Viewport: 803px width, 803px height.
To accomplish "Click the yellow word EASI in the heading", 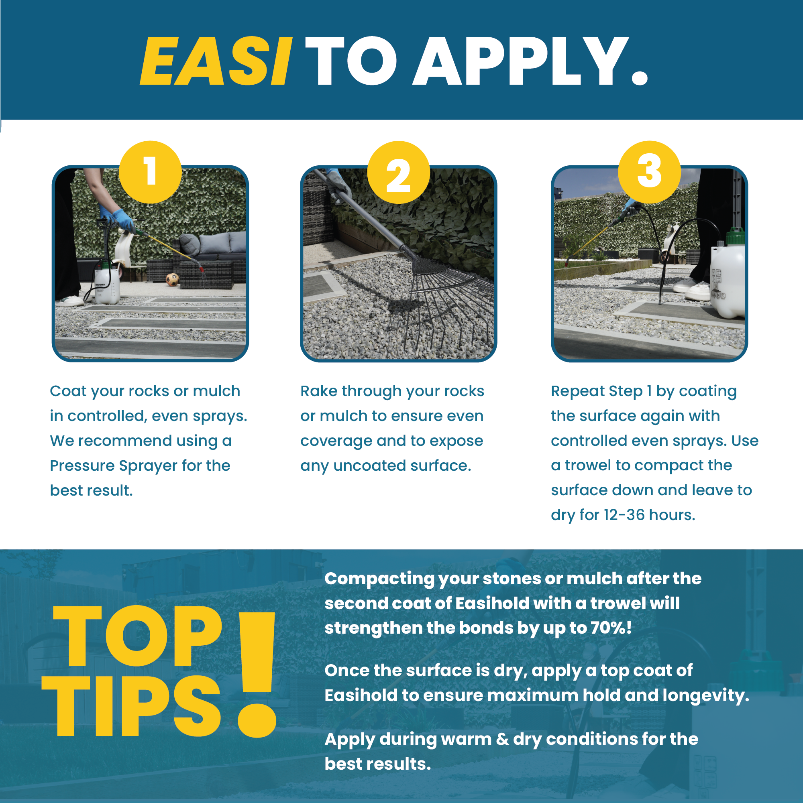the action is click(216, 61).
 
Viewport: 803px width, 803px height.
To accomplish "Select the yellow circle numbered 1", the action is click(150, 172).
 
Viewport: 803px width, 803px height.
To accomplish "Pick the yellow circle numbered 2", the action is click(398, 172).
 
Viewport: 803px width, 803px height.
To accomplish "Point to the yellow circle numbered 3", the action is click(649, 172).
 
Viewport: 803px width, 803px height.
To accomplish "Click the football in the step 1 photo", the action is click(172, 279).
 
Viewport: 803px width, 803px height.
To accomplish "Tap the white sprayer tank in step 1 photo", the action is click(107, 284).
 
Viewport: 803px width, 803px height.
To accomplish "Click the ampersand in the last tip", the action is click(502, 739).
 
